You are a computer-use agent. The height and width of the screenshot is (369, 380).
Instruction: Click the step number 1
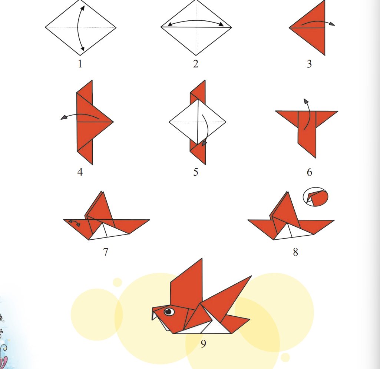[x=80, y=64]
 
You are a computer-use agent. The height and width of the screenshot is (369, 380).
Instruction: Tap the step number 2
[x=196, y=64]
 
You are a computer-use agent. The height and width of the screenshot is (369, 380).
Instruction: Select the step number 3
[x=309, y=64]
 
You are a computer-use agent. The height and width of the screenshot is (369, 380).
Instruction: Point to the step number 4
[x=80, y=172]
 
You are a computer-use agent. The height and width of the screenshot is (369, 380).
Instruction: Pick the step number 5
[x=196, y=172]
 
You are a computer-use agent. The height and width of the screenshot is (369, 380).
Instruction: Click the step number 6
[x=310, y=172]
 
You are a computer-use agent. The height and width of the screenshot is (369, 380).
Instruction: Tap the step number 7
[x=105, y=252]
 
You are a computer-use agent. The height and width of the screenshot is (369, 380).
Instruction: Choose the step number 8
[x=295, y=252]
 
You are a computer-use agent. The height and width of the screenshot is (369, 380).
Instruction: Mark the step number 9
[x=203, y=343]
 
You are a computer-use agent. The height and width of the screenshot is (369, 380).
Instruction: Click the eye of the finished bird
[x=169, y=311]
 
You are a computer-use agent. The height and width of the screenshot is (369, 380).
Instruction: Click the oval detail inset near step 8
[x=315, y=197]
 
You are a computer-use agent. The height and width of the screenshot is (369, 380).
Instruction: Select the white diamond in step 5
[x=197, y=122]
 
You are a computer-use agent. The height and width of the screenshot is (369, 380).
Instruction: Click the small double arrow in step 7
[x=74, y=223]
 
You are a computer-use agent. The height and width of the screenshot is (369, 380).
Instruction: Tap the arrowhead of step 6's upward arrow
[x=306, y=101]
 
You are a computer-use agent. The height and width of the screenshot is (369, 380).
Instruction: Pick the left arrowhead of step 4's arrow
[x=64, y=117]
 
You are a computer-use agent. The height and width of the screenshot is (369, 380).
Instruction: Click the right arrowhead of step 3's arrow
[x=332, y=24]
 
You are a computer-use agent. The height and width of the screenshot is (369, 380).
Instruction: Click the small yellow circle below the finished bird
[x=285, y=358]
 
